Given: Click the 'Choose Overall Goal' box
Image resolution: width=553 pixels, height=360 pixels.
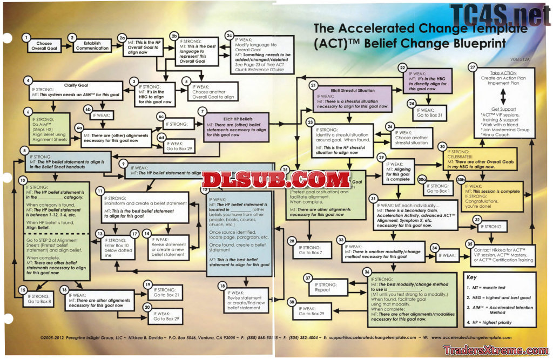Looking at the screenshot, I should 44,45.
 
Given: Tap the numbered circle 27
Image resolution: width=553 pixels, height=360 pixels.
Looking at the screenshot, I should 473,67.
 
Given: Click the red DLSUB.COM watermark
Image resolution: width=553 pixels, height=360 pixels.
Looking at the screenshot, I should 276,179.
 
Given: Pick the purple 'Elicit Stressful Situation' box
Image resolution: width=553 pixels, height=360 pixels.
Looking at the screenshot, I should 352,98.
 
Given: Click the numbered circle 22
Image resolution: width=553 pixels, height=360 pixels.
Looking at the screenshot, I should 402,67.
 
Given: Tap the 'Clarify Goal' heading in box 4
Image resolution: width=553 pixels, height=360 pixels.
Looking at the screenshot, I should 76,85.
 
